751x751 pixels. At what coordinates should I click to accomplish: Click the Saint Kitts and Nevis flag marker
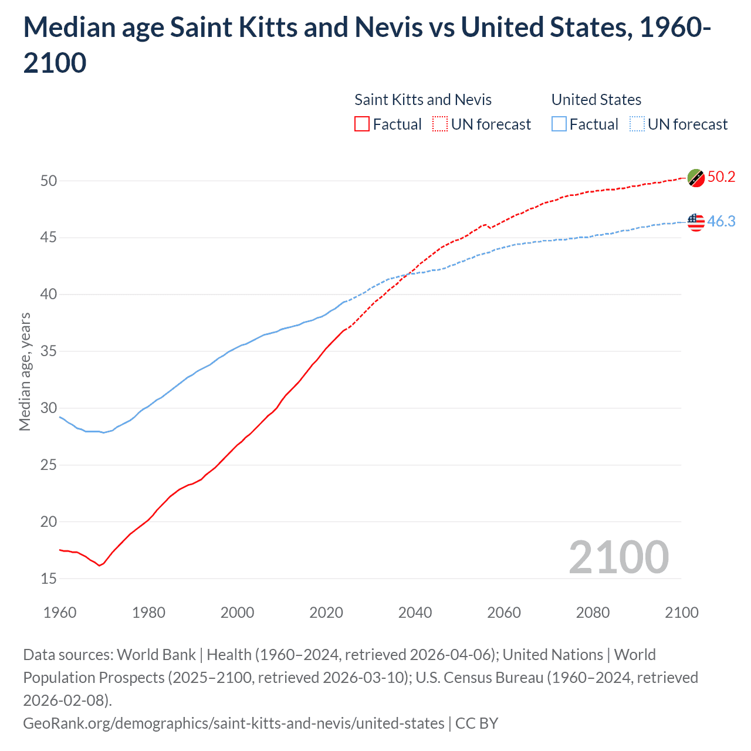pyautogui.click(x=696, y=177)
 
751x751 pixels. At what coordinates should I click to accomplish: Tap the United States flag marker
pyautogui.click(x=696, y=222)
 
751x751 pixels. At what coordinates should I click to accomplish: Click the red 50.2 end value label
pyautogui.click(x=721, y=177)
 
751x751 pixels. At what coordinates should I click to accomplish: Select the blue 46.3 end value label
pyautogui.click(x=721, y=221)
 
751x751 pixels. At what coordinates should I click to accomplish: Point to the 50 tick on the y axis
pyautogui.click(x=49, y=181)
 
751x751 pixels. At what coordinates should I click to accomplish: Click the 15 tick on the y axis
pyautogui.click(x=49, y=579)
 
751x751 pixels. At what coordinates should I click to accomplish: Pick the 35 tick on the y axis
pyautogui.click(x=49, y=351)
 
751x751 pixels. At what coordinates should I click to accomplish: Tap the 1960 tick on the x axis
pyautogui.click(x=60, y=613)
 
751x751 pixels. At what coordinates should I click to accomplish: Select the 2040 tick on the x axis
pyautogui.click(x=415, y=613)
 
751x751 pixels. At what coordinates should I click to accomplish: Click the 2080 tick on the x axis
pyautogui.click(x=593, y=613)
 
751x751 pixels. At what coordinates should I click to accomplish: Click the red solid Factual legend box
pyautogui.click(x=362, y=124)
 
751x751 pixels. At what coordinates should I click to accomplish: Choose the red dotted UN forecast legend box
pyautogui.click(x=440, y=124)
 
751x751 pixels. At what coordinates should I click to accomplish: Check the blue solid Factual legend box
pyautogui.click(x=559, y=124)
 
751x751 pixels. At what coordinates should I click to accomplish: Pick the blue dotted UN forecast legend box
pyautogui.click(x=637, y=124)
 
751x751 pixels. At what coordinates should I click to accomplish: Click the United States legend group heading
pyautogui.click(x=596, y=100)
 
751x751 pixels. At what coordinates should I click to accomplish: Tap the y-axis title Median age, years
pyautogui.click(x=25, y=372)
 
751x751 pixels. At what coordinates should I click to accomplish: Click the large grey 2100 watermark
pyautogui.click(x=618, y=557)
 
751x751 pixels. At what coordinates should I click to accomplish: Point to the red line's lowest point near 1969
pyautogui.click(x=99, y=566)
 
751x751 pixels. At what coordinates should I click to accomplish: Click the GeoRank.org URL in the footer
pyautogui.click(x=234, y=723)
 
